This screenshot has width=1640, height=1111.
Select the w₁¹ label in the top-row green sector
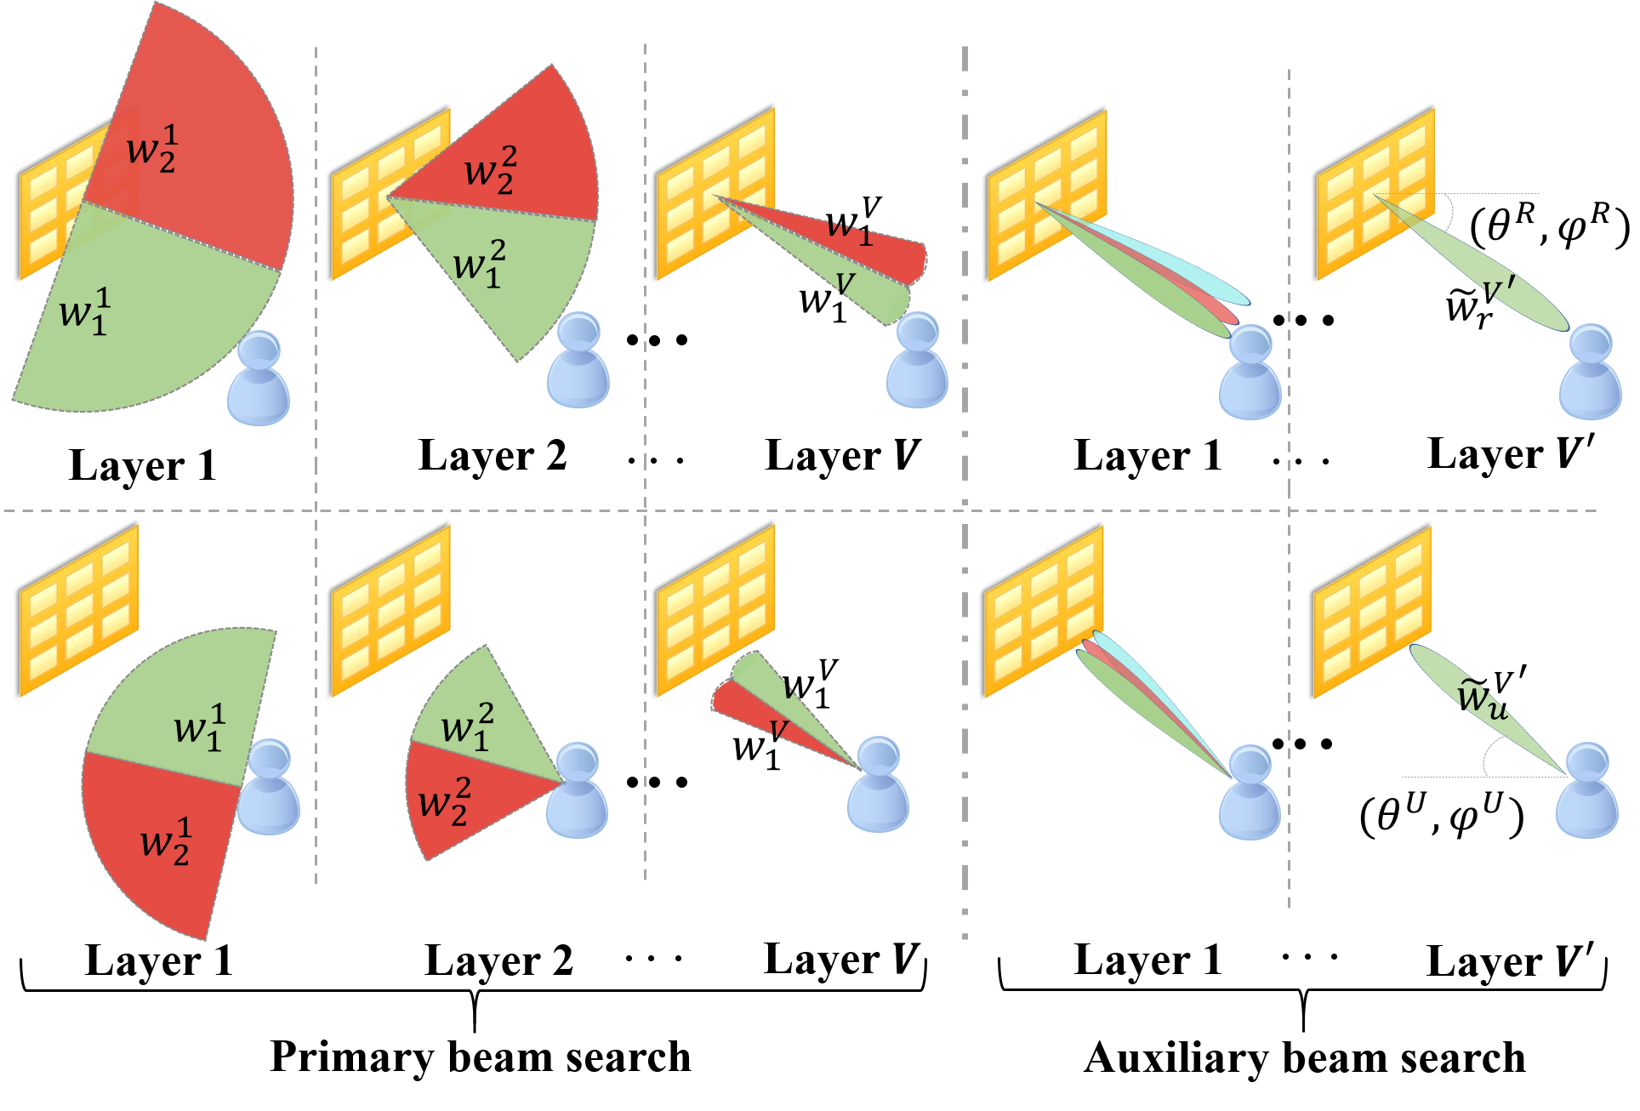coord(85,311)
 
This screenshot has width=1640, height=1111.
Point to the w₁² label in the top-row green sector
coord(480,264)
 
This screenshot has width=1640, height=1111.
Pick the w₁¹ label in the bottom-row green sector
coord(200,728)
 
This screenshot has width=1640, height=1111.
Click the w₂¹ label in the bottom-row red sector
coord(166,842)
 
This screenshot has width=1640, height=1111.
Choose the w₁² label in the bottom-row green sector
coord(467,728)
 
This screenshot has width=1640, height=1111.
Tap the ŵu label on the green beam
coord(1483,698)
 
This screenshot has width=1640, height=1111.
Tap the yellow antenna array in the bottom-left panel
coord(79,610)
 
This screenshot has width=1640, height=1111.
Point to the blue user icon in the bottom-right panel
coord(1587,791)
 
